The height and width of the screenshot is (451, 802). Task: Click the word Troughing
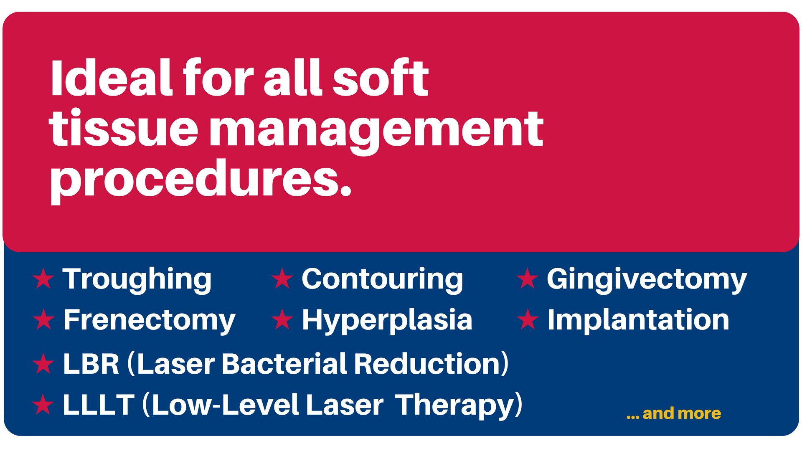[x=137, y=280]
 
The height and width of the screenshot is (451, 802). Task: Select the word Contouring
[x=382, y=280]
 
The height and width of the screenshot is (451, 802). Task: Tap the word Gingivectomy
[x=647, y=280]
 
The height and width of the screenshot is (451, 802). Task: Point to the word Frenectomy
[x=150, y=320]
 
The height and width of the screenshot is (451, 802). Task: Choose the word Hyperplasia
[x=387, y=320]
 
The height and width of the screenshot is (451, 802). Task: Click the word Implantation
[x=638, y=319]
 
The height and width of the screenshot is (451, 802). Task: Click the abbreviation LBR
[x=91, y=364]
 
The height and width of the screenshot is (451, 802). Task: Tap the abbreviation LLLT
[x=99, y=405]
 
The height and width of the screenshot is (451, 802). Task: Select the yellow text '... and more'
[x=674, y=413]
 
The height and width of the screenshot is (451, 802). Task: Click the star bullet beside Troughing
[x=43, y=279]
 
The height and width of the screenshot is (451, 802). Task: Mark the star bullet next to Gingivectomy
[x=527, y=279]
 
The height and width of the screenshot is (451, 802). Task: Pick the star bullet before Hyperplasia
[x=282, y=319]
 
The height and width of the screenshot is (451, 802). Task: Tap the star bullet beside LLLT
[x=43, y=404]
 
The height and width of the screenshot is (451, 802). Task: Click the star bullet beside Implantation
[x=528, y=319]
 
